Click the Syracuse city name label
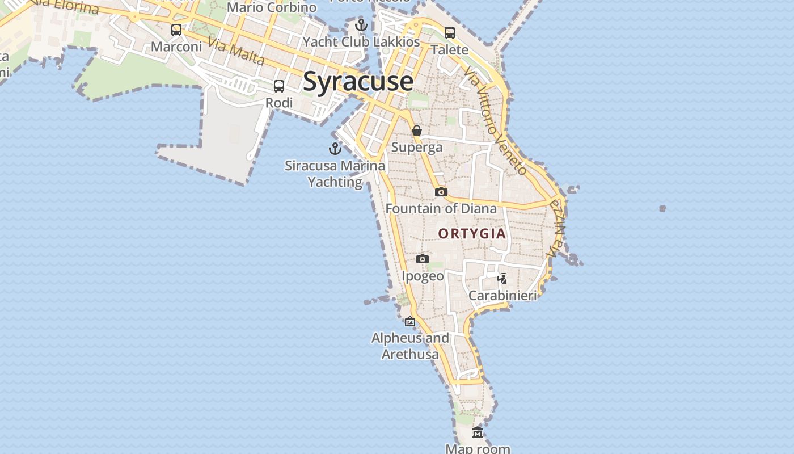click(x=358, y=82)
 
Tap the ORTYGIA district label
click(x=472, y=233)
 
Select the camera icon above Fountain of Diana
click(x=441, y=192)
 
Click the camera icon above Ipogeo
click(x=422, y=259)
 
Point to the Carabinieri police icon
click(x=502, y=278)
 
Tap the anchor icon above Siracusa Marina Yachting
click(x=335, y=149)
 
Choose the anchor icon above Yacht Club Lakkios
click(x=361, y=25)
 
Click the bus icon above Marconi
click(x=176, y=30)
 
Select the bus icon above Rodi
click(x=279, y=86)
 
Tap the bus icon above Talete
click(x=450, y=33)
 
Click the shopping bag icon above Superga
click(x=417, y=131)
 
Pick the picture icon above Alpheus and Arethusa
click(x=410, y=322)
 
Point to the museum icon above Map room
click(x=478, y=432)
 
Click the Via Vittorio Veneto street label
click(x=495, y=121)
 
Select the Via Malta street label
click(x=236, y=51)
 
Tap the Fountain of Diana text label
click(x=441, y=209)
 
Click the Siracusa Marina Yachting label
click(x=335, y=174)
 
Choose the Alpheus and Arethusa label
click(x=410, y=346)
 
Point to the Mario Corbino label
click(x=272, y=7)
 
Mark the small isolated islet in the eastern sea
click(x=662, y=209)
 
